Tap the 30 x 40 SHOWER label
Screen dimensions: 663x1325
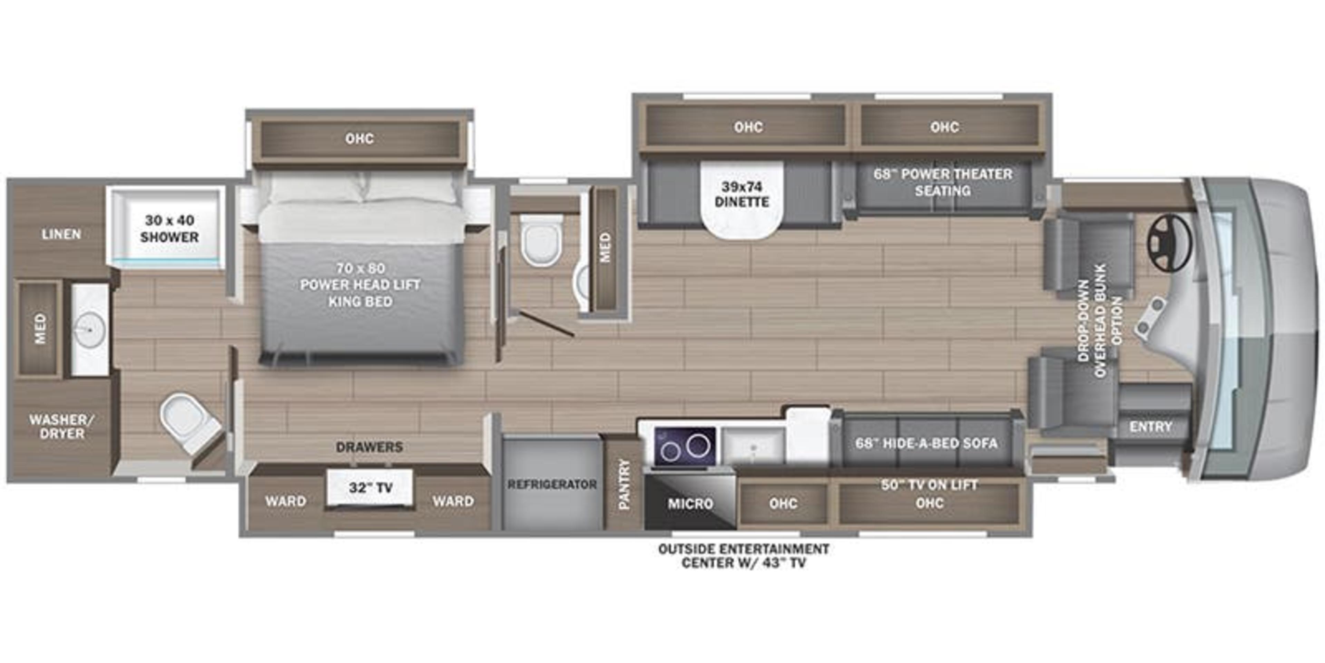tap(169, 229)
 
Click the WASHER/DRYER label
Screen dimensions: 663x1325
tap(62, 426)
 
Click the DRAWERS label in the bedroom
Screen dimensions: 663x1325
tap(369, 447)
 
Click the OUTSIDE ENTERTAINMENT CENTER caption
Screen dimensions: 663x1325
tap(743, 556)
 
